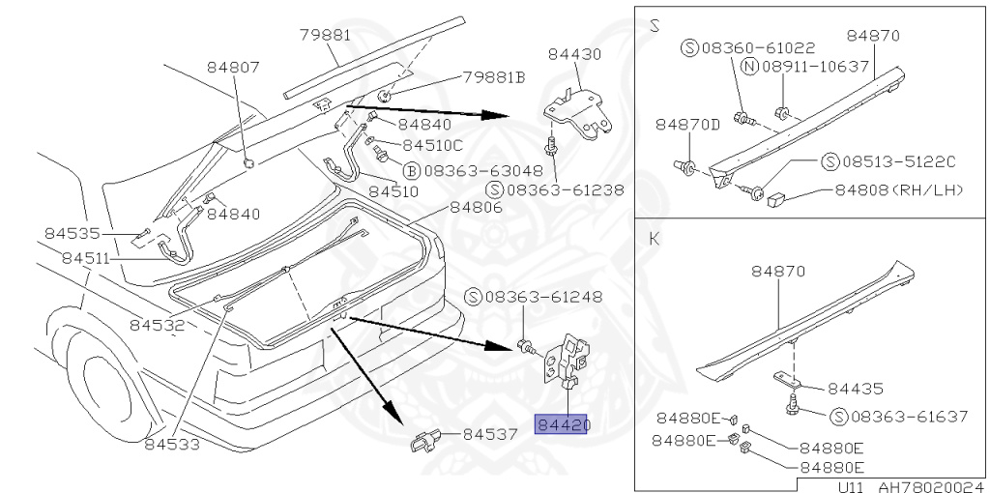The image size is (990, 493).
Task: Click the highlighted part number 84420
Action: (562, 424)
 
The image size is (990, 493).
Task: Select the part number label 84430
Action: (575, 55)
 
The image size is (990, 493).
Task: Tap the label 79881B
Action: (493, 77)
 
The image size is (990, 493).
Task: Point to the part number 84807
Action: (233, 68)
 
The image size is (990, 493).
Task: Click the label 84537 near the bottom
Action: (491, 435)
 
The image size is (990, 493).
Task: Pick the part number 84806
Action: (476, 208)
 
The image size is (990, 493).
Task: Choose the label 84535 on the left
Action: (71, 233)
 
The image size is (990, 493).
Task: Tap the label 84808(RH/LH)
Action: (899, 189)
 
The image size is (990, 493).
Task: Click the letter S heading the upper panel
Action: (655, 25)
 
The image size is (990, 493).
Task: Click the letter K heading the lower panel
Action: (655, 237)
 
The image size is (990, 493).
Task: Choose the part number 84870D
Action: (688, 125)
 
